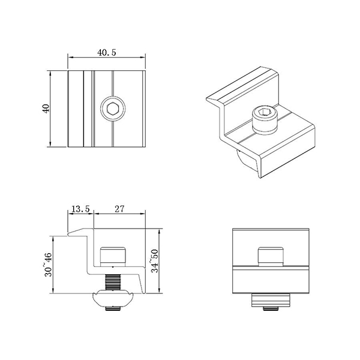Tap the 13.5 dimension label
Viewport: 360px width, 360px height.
(x=80, y=209)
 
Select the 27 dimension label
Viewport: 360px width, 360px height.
(x=119, y=209)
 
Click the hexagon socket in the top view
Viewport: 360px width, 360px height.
(x=112, y=109)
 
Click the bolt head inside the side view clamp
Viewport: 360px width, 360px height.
(x=112, y=256)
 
